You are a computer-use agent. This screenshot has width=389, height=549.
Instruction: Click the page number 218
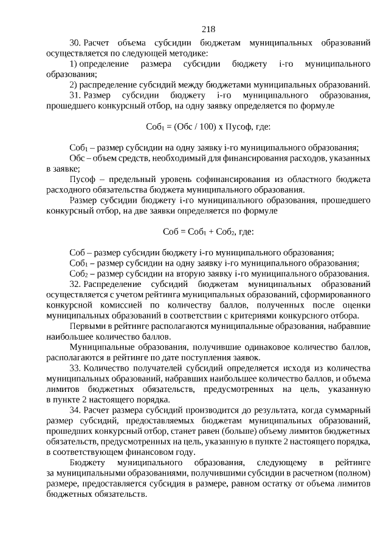208,29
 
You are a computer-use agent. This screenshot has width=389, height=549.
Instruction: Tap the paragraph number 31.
75,96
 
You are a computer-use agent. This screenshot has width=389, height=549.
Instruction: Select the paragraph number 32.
75,284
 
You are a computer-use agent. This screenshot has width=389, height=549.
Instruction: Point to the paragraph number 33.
75,368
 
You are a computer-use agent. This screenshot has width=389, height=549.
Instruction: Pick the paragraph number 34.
75,411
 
